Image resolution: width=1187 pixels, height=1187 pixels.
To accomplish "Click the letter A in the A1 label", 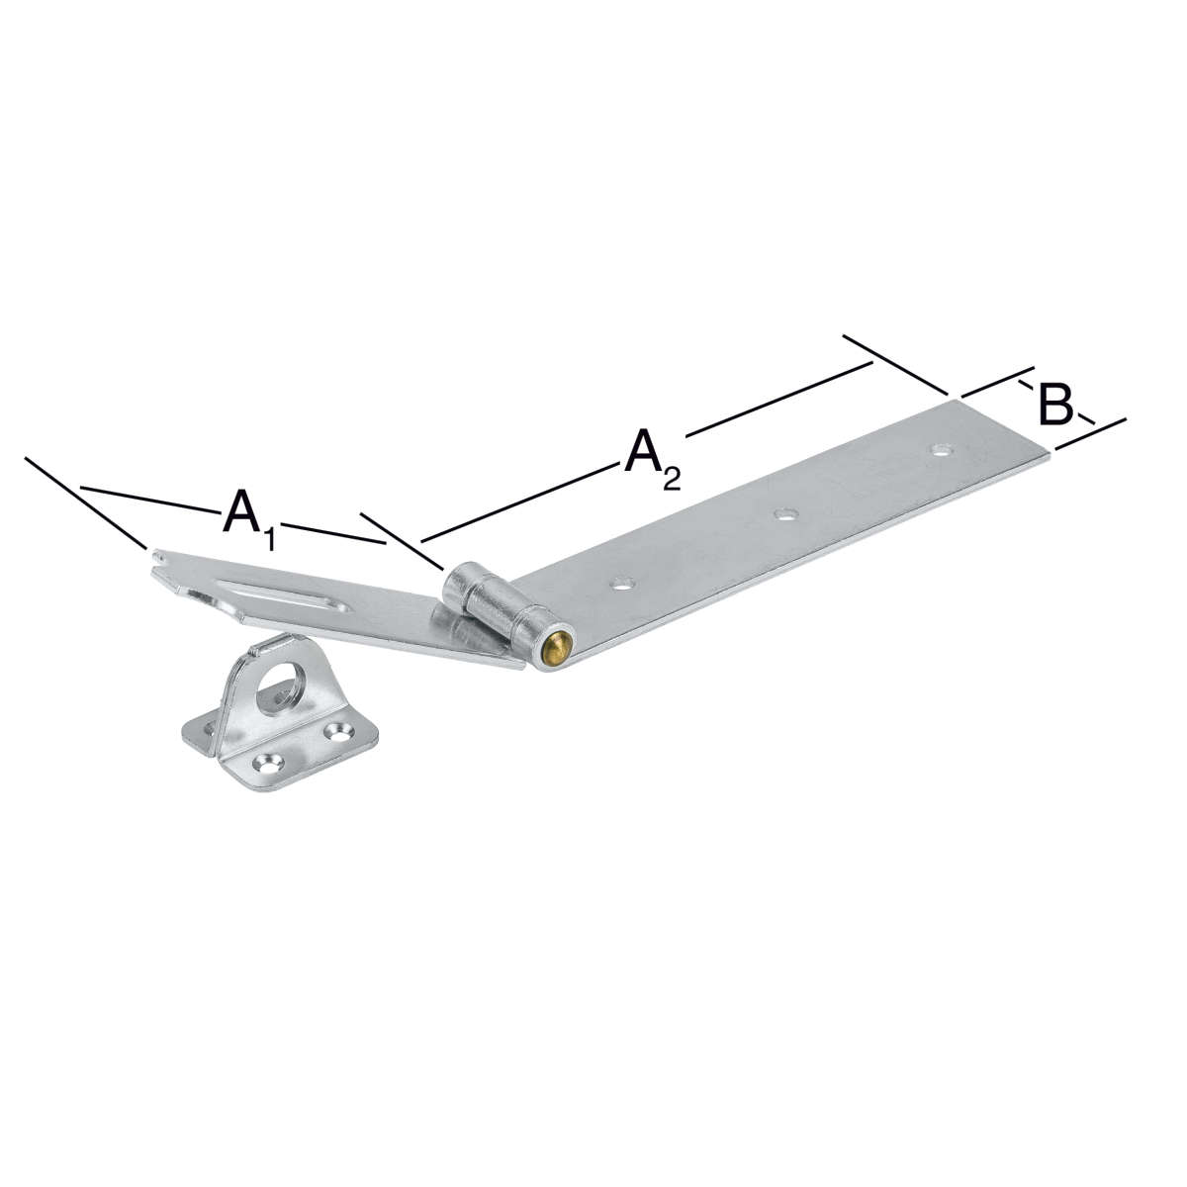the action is [241, 510].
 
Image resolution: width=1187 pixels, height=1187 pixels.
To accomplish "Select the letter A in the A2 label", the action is [643, 451].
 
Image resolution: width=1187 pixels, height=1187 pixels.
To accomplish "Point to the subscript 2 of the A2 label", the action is [673, 478].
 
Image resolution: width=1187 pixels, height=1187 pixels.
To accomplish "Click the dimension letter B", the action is [1055, 405].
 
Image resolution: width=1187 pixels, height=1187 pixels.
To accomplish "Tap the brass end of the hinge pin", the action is [558, 651].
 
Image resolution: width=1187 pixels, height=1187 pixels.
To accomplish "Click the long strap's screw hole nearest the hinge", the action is [624, 583].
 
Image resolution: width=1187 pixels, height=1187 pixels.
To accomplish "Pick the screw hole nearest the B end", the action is [940, 450].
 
